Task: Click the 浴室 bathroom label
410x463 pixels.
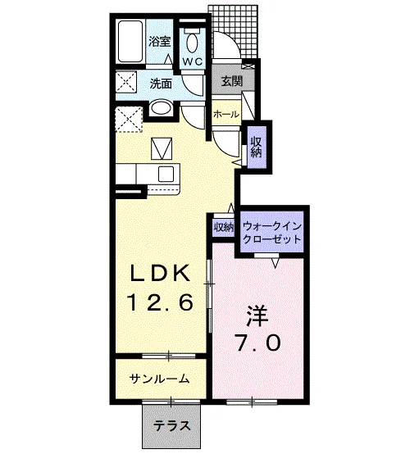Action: click(x=160, y=41)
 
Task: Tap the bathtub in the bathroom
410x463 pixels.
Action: click(x=130, y=41)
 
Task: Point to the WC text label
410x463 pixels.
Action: click(x=193, y=61)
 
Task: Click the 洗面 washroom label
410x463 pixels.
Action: click(x=161, y=84)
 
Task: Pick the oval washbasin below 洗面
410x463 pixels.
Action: click(x=161, y=108)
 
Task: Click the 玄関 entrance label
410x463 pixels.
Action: click(x=232, y=81)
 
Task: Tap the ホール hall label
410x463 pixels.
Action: click(x=226, y=114)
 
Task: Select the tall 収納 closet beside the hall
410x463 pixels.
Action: click(x=257, y=147)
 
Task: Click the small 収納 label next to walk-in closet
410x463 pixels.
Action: click(x=224, y=227)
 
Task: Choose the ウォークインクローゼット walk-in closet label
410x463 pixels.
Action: click(x=271, y=233)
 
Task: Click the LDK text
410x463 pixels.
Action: click(x=161, y=273)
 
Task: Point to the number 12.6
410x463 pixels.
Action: click(x=161, y=302)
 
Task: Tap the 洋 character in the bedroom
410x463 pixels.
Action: click(x=257, y=315)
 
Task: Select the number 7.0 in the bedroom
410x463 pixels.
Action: click(x=257, y=343)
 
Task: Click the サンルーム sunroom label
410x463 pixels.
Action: click(x=160, y=379)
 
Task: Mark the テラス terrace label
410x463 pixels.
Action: click(x=171, y=426)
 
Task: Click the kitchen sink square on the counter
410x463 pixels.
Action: click(x=166, y=174)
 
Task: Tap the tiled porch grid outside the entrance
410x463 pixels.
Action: click(x=235, y=31)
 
